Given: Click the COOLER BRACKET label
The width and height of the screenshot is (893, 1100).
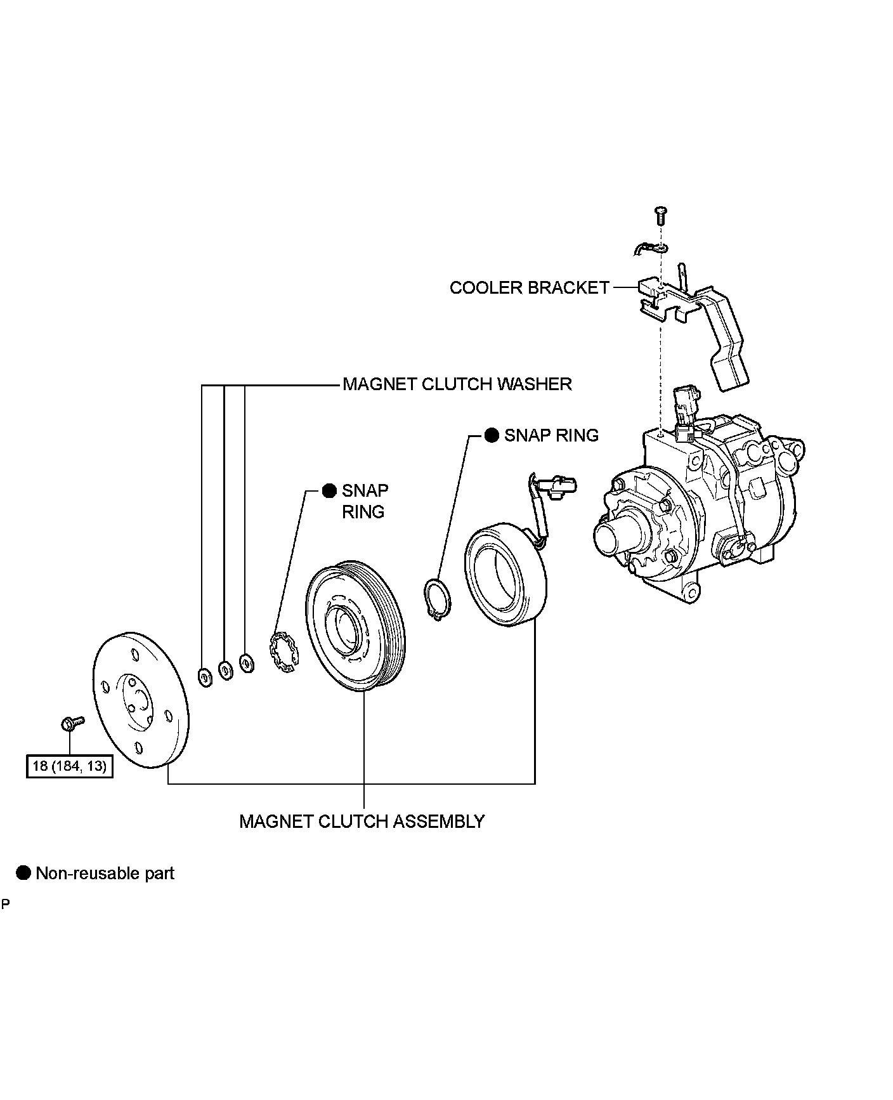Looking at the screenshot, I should point(529,288).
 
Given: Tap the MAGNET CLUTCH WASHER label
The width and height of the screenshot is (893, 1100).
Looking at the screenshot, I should point(457,384).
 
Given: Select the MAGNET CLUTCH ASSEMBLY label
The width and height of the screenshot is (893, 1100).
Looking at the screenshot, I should point(362,822).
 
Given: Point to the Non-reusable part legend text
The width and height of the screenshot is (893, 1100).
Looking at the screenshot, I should point(105,874).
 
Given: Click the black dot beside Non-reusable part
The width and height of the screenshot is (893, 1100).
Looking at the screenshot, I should point(24,874).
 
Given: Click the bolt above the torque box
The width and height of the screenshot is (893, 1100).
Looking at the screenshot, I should point(71,722).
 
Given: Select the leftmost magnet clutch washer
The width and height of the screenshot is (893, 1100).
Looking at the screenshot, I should point(204,678).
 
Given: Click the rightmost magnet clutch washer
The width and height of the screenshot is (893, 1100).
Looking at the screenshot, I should point(246,663).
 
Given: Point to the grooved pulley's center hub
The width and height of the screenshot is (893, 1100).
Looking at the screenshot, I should point(344,630).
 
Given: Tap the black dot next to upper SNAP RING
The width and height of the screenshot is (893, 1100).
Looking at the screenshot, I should point(492,435).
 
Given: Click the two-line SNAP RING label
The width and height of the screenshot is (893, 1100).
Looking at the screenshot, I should point(365,501).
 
